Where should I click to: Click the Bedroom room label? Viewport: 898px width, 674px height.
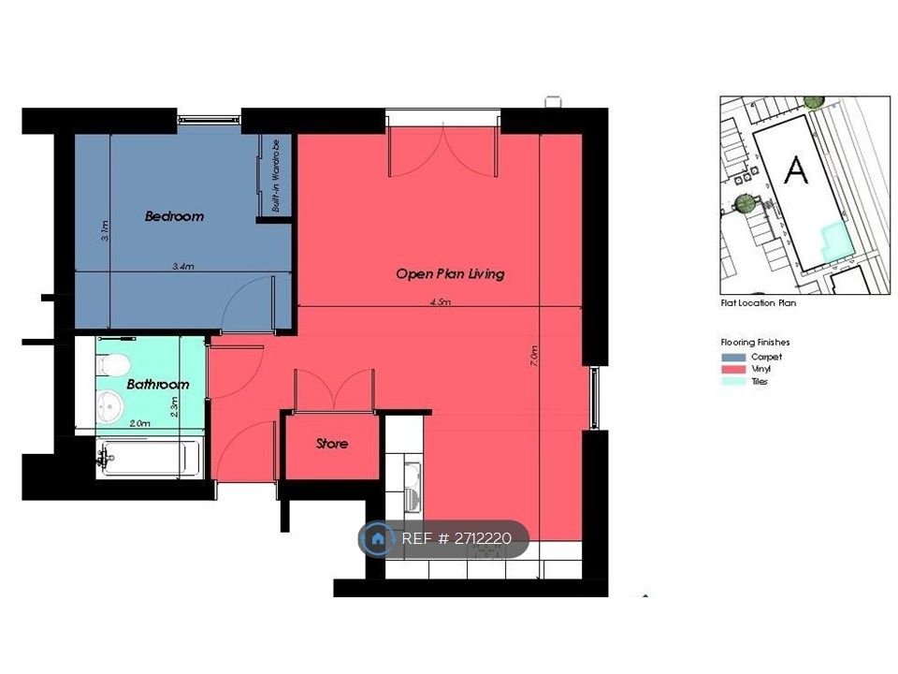(x=174, y=216)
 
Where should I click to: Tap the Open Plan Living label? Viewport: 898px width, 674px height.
(x=450, y=274)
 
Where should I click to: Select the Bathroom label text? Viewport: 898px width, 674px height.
(x=157, y=384)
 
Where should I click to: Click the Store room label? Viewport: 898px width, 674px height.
(x=331, y=443)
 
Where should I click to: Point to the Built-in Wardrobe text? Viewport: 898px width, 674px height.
(x=276, y=175)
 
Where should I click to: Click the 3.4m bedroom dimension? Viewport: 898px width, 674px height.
(x=183, y=266)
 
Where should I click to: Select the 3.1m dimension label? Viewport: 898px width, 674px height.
(x=104, y=230)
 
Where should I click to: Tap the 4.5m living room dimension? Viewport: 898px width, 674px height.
(x=441, y=301)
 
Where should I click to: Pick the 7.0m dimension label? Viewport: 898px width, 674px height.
(x=534, y=356)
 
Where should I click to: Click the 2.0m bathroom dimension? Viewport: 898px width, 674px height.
(x=139, y=423)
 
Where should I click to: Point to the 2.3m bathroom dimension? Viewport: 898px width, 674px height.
(x=175, y=406)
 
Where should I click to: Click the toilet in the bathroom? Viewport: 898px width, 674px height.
(x=113, y=364)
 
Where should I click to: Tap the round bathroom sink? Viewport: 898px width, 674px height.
(x=109, y=406)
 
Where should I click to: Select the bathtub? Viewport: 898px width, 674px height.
(x=149, y=458)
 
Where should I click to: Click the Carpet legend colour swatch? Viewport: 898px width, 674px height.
(x=733, y=357)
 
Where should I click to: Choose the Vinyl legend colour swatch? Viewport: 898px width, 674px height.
(x=733, y=369)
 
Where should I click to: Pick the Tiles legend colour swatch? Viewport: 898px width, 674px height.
(x=733, y=381)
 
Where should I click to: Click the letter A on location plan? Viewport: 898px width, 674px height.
(x=796, y=169)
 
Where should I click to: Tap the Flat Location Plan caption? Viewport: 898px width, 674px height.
(x=759, y=303)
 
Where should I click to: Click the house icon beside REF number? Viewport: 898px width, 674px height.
(x=377, y=539)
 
